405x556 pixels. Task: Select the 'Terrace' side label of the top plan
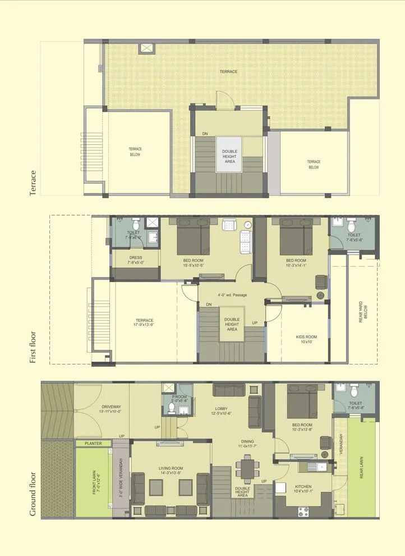(x=33, y=183)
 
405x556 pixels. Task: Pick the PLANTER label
(x=93, y=443)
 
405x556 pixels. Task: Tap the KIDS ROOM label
(x=306, y=340)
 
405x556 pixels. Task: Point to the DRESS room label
(x=135, y=260)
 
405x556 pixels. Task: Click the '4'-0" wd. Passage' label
(x=232, y=295)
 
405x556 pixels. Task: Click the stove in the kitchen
(x=304, y=511)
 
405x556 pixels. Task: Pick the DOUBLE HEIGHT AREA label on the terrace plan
(x=229, y=157)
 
